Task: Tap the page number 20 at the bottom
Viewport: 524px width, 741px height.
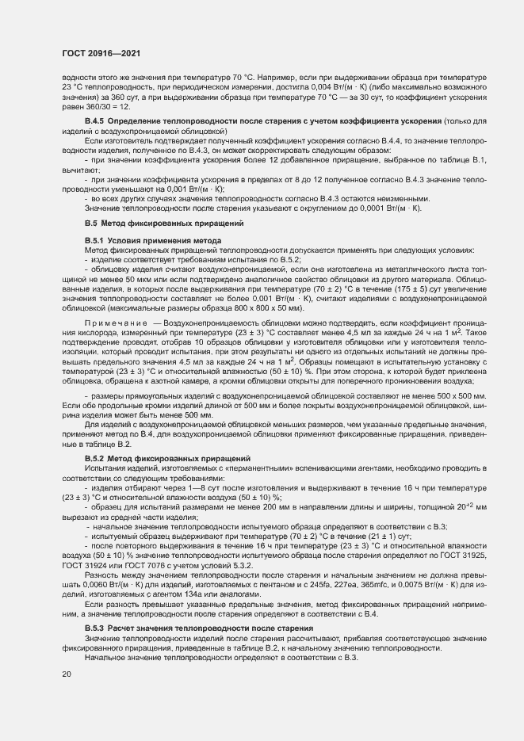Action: (x=66, y=674)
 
